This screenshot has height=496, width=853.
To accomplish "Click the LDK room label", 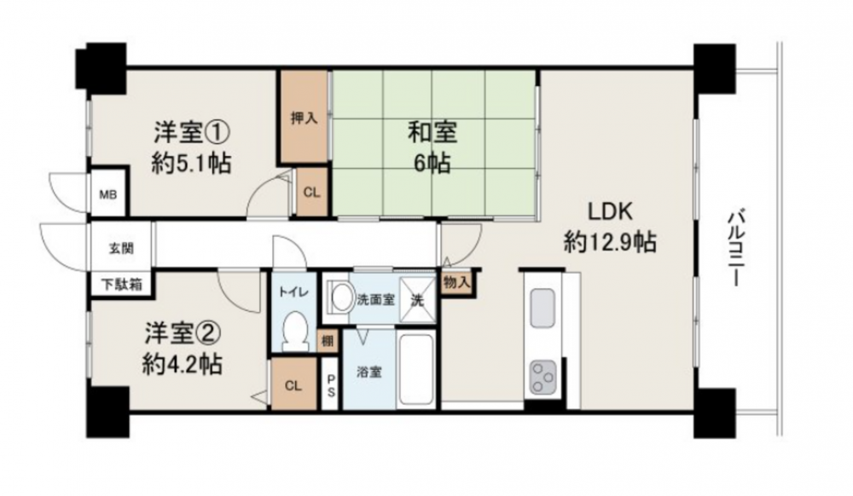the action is [x=610, y=211].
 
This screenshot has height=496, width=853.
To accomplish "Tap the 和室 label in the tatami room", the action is [x=433, y=132].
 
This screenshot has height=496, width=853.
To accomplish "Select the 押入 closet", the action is [x=305, y=116].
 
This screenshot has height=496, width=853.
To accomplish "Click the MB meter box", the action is [x=107, y=194].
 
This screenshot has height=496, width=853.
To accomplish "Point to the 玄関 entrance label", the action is [x=121, y=248].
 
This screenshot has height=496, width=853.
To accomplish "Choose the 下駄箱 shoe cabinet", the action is [x=122, y=283].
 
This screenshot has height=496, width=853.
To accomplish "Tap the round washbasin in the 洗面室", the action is [x=342, y=297].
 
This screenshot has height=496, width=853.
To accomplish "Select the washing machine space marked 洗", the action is [x=417, y=300].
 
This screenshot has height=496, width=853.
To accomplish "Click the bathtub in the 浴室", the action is [x=416, y=369].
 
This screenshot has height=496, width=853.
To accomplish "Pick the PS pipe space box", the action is [x=329, y=384].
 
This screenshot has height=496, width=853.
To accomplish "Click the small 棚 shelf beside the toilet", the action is [x=328, y=341].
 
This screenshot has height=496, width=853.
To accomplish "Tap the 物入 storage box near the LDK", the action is [x=457, y=282].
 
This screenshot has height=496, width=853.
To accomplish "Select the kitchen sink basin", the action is [x=543, y=308].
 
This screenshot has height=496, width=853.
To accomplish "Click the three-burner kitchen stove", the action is [x=543, y=376].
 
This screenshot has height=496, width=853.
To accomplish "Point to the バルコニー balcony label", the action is [x=735, y=248].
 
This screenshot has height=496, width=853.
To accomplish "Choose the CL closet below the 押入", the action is [x=311, y=192].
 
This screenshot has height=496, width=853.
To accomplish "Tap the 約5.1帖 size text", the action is [x=191, y=163].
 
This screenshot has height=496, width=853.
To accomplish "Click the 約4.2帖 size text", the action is [x=183, y=365].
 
